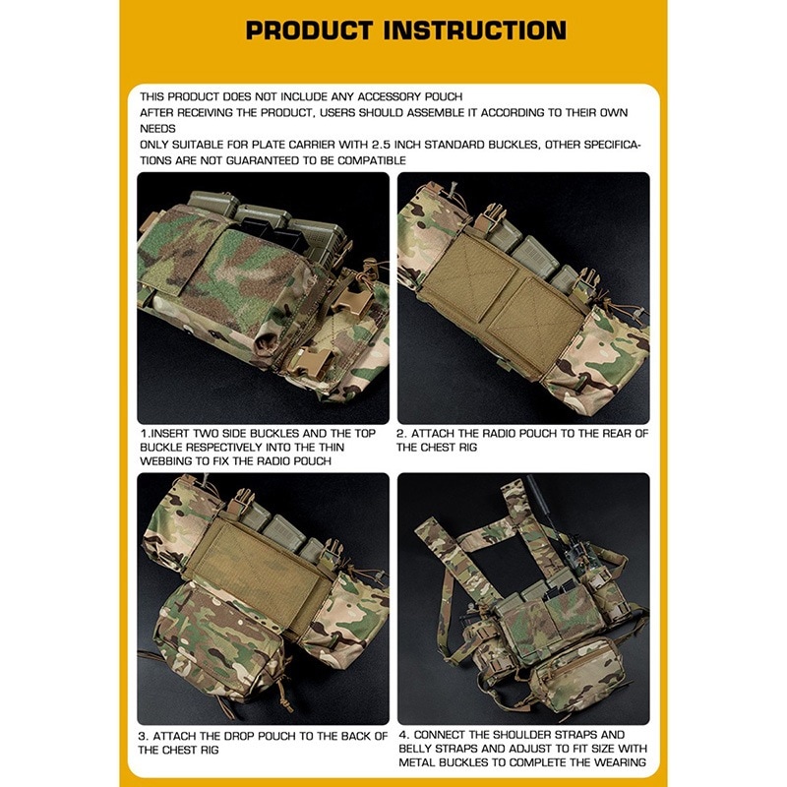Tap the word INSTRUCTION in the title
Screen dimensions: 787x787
475,30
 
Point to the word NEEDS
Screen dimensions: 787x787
157,129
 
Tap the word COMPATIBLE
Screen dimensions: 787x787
372,160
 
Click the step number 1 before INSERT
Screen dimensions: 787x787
144,434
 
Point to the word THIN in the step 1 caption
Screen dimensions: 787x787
331,448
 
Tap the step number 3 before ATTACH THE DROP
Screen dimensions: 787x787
143,736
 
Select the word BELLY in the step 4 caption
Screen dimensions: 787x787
416,749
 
